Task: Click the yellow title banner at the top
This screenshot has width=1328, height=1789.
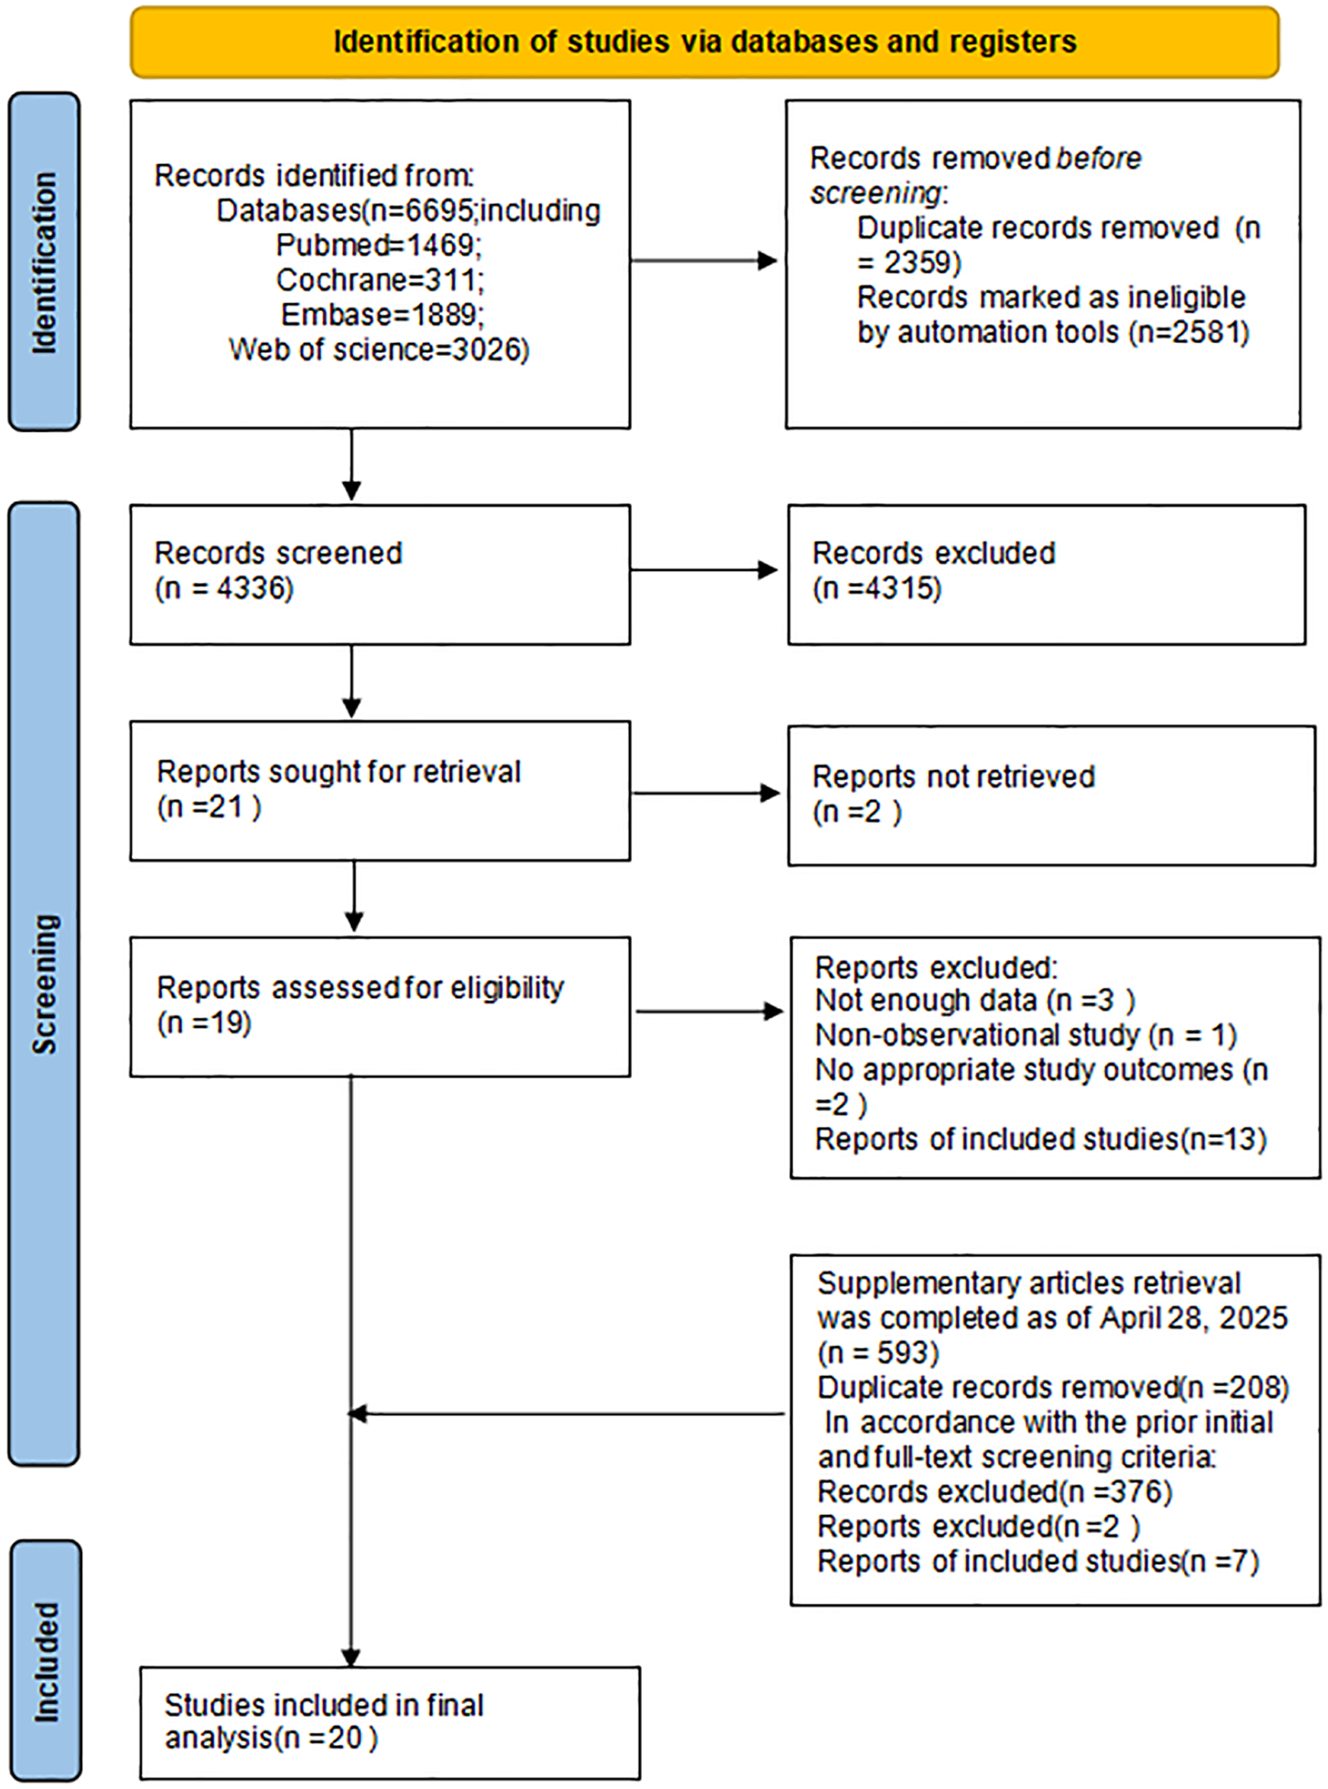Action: (x=704, y=42)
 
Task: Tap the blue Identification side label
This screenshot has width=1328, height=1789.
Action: (x=44, y=261)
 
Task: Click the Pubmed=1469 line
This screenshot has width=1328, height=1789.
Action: (x=378, y=245)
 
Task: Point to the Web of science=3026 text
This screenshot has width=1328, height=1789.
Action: (x=379, y=350)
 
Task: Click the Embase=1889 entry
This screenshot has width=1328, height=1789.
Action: (x=382, y=314)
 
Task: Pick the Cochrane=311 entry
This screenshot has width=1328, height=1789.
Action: (x=379, y=280)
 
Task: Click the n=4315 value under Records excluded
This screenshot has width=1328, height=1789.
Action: (x=878, y=588)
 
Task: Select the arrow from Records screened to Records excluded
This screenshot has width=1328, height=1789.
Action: (x=703, y=570)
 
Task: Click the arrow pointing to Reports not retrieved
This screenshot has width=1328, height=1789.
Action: (x=706, y=794)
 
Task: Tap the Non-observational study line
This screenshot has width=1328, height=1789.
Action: (x=1025, y=1035)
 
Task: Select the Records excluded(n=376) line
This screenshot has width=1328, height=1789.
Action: (x=994, y=1491)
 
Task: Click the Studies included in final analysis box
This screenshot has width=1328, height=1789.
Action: (x=390, y=1723)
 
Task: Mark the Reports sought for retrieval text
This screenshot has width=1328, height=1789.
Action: (x=338, y=772)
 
